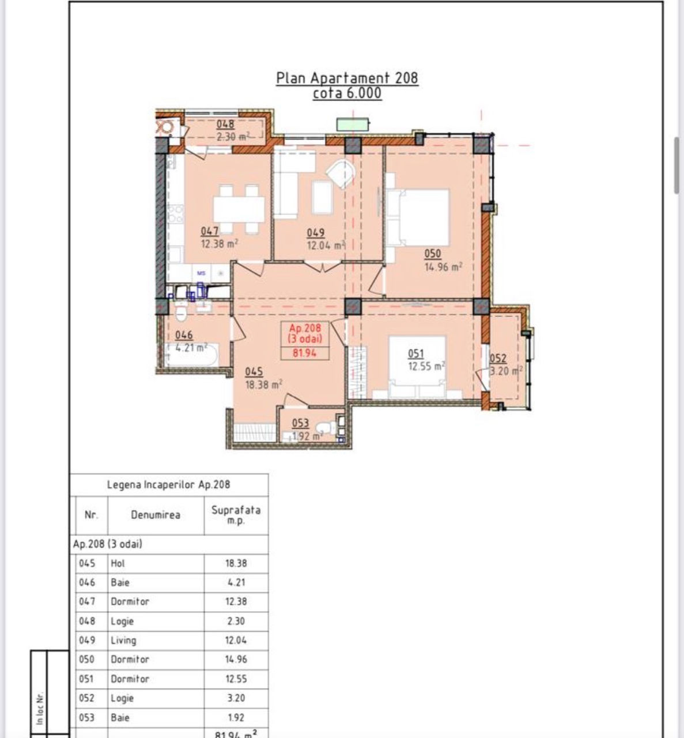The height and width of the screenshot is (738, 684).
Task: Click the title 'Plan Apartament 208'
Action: click(x=347, y=78)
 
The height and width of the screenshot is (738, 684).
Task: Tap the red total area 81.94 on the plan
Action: click(x=304, y=353)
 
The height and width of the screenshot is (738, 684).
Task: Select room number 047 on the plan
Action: click(x=210, y=231)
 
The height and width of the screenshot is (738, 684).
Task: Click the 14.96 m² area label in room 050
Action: click(x=444, y=267)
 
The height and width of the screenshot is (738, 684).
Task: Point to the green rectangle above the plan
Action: click(x=353, y=125)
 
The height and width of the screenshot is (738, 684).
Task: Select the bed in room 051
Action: click(x=417, y=367)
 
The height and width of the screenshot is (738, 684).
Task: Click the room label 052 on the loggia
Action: click(x=498, y=358)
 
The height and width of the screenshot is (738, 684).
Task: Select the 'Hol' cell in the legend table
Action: click(x=118, y=563)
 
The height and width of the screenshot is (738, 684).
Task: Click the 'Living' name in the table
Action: click(x=124, y=640)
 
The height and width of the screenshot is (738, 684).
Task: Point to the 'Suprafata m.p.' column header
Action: click(x=236, y=514)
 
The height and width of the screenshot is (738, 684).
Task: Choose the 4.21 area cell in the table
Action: click(x=236, y=582)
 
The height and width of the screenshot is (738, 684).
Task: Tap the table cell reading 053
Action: click(x=86, y=717)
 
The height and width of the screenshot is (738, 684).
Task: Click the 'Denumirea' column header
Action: click(x=156, y=515)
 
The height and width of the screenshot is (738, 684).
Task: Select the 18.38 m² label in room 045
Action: click(x=264, y=384)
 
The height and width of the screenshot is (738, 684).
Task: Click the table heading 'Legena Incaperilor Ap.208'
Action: click(x=169, y=484)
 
